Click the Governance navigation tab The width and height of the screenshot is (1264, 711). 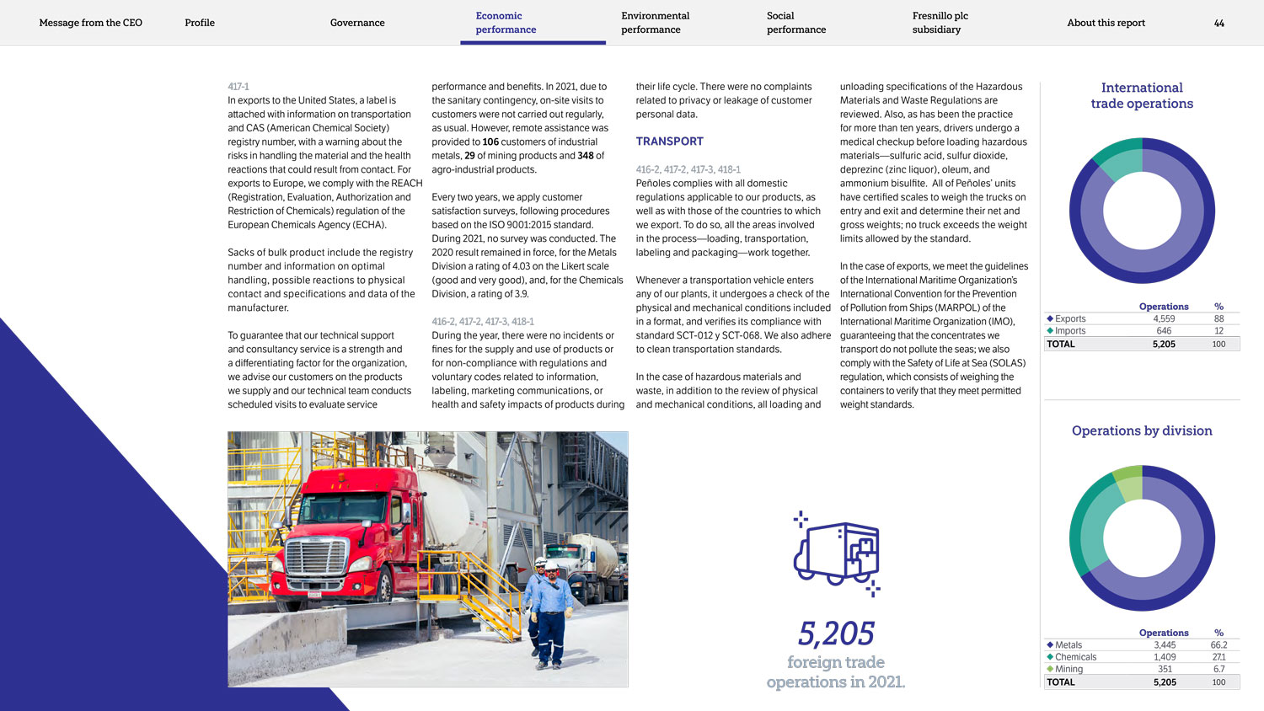point(357,23)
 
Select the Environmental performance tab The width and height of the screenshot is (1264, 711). point(655,23)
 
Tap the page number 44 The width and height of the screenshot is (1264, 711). point(1218,23)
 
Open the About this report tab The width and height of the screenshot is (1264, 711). point(1106,23)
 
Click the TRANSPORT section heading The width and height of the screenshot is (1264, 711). point(669,142)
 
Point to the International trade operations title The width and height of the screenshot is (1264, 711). point(1142,95)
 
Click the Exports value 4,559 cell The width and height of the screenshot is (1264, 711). point(1164,319)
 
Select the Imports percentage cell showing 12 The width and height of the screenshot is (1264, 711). point(1218,331)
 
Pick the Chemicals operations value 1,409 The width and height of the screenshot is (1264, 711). point(1165,657)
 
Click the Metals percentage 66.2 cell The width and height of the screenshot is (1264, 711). point(1218,645)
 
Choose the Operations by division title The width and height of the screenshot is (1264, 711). point(1142,430)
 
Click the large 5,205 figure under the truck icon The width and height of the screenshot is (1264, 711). point(836,633)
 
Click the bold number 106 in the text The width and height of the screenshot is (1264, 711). point(490,142)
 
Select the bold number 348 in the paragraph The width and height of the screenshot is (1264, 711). point(586,156)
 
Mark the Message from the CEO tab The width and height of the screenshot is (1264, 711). point(91,23)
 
